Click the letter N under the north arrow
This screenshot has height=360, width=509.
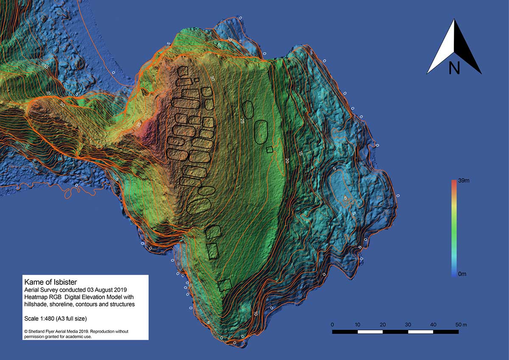[x=454, y=68]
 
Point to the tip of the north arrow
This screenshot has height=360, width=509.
[x=454, y=20]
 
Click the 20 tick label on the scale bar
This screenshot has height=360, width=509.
[x=383, y=324]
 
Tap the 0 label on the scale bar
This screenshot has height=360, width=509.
[x=332, y=324]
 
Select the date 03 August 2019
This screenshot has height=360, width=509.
[x=89, y=289]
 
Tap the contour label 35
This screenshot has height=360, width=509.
[x=139, y=125]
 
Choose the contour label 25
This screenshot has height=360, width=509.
[x=243, y=121]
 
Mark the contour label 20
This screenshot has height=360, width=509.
[x=287, y=161]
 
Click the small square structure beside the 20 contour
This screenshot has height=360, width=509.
[x=269, y=149]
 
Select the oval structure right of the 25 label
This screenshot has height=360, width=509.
[x=261, y=131]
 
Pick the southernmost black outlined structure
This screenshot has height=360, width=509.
[x=225, y=285]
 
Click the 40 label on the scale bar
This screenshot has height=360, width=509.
[x=433, y=324]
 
